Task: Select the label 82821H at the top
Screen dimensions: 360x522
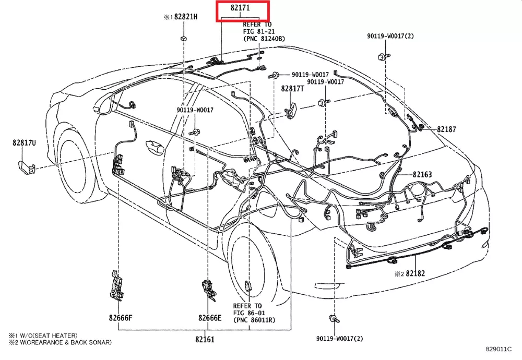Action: [x=186, y=17]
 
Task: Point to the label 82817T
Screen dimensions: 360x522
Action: [x=292, y=89]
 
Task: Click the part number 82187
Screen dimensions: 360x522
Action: [x=446, y=129]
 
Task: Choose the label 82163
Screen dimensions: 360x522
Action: [x=422, y=174]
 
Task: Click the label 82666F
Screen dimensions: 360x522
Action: [x=121, y=318]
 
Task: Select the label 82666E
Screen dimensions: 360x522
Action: [x=209, y=318]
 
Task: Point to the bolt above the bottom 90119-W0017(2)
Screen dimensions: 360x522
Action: [x=333, y=318]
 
